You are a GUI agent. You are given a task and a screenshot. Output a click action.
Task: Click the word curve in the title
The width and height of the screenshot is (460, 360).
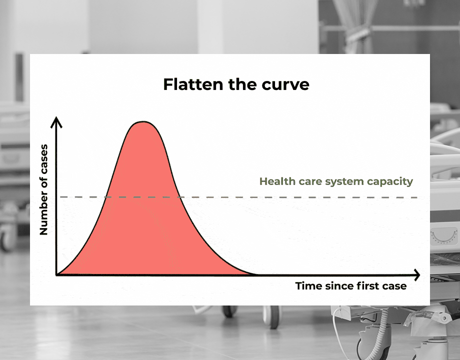[286, 84]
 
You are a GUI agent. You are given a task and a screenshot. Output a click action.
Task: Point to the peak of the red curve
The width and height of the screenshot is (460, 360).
[143, 121]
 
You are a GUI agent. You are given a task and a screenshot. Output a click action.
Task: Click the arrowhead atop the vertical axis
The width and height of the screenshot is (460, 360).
[57, 121]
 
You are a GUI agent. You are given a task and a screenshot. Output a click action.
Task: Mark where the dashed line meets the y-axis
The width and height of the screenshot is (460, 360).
[57, 197]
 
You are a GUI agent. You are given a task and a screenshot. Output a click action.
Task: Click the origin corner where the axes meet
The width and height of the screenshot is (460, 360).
[57, 274]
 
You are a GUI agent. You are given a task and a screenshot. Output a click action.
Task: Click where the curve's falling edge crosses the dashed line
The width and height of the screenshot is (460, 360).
[180, 197]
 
